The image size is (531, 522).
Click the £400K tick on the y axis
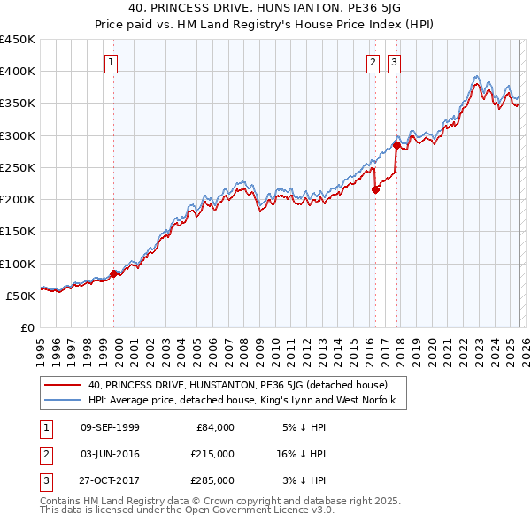[x=17, y=72]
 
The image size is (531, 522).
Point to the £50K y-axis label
[x=20, y=296]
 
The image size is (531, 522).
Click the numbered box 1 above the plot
[x=112, y=62]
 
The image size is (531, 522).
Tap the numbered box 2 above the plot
[x=373, y=62]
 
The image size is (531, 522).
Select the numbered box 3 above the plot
[x=393, y=62]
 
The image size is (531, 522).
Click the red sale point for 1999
[x=113, y=273]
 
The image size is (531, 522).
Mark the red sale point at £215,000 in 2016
[x=375, y=189]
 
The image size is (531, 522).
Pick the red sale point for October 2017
[x=396, y=144]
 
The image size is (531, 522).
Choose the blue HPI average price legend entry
[x=247, y=401]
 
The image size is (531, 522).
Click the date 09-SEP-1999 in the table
[x=110, y=427]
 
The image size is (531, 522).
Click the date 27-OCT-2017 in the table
[x=110, y=480]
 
